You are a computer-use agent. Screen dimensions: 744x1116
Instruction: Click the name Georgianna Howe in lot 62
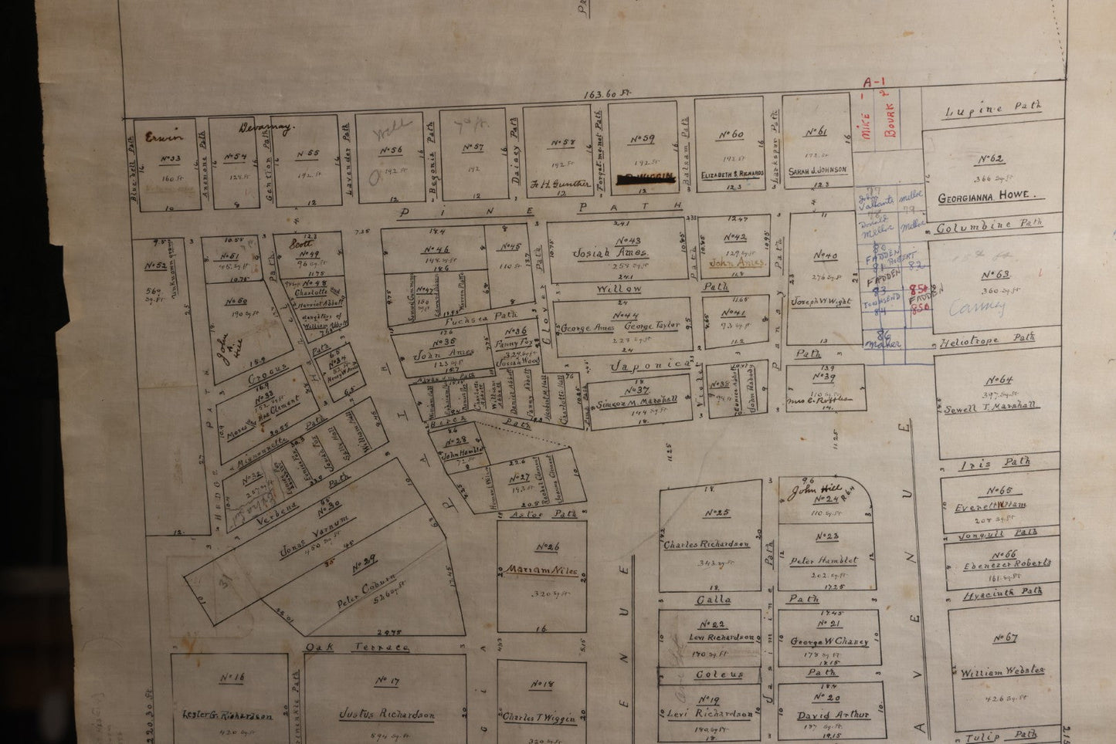tap(983, 197)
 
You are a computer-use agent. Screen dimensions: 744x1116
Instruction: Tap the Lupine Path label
tap(993, 110)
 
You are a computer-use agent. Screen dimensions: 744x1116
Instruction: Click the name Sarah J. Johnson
tap(817, 170)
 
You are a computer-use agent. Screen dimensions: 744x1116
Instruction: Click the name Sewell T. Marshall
tap(992, 407)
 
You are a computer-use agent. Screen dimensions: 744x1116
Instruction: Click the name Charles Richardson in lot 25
tap(706, 544)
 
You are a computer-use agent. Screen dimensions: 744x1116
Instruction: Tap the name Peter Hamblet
tap(823, 560)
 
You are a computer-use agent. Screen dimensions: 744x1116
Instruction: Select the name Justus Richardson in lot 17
tap(387, 714)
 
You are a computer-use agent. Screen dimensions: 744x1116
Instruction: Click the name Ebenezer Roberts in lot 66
tap(1006, 564)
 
